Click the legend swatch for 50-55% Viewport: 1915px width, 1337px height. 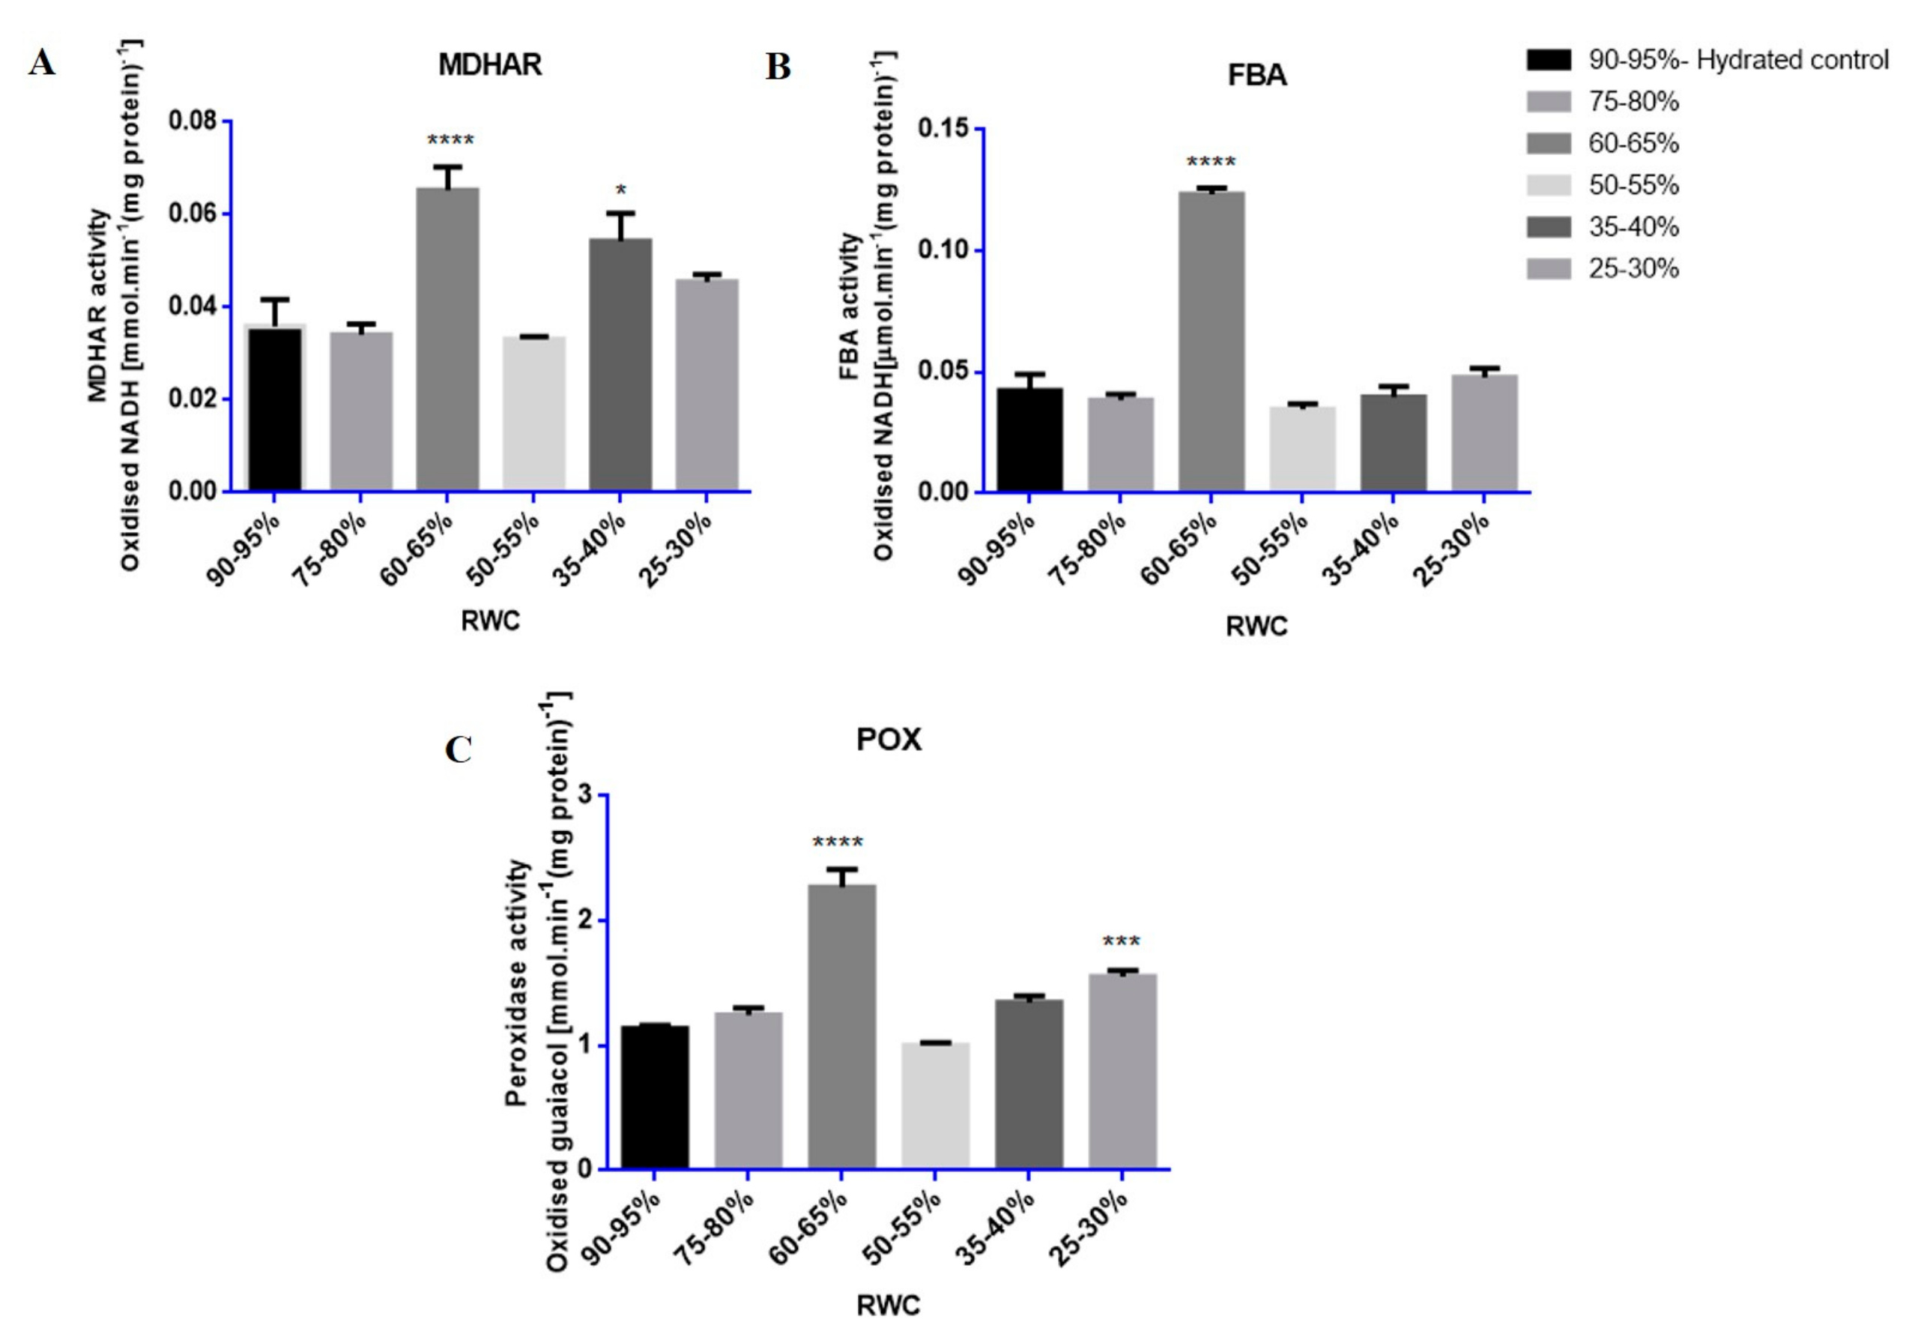point(1548,185)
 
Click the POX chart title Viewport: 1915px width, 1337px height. point(889,740)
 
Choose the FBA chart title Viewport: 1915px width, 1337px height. point(1257,76)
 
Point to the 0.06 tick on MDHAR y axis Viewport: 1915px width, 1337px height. point(193,214)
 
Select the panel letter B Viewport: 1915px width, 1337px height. point(778,67)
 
